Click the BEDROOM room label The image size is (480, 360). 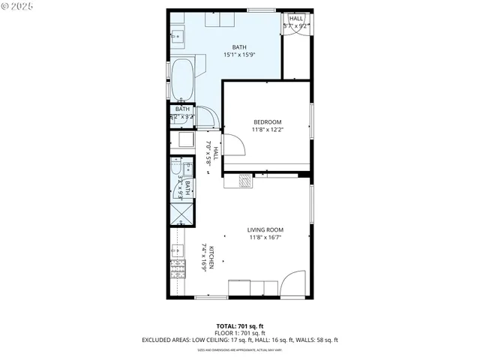click(x=267, y=122)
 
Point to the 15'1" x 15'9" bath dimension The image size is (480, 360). click(x=238, y=55)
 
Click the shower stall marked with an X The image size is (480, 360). click(x=181, y=213)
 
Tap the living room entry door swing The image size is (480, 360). click(x=292, y=283)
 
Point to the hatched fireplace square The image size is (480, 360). click(x=244, y=180)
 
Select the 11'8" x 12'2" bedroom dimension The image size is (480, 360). click(x=267, y=130)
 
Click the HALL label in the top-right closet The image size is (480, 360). click(x=296, y=19)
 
